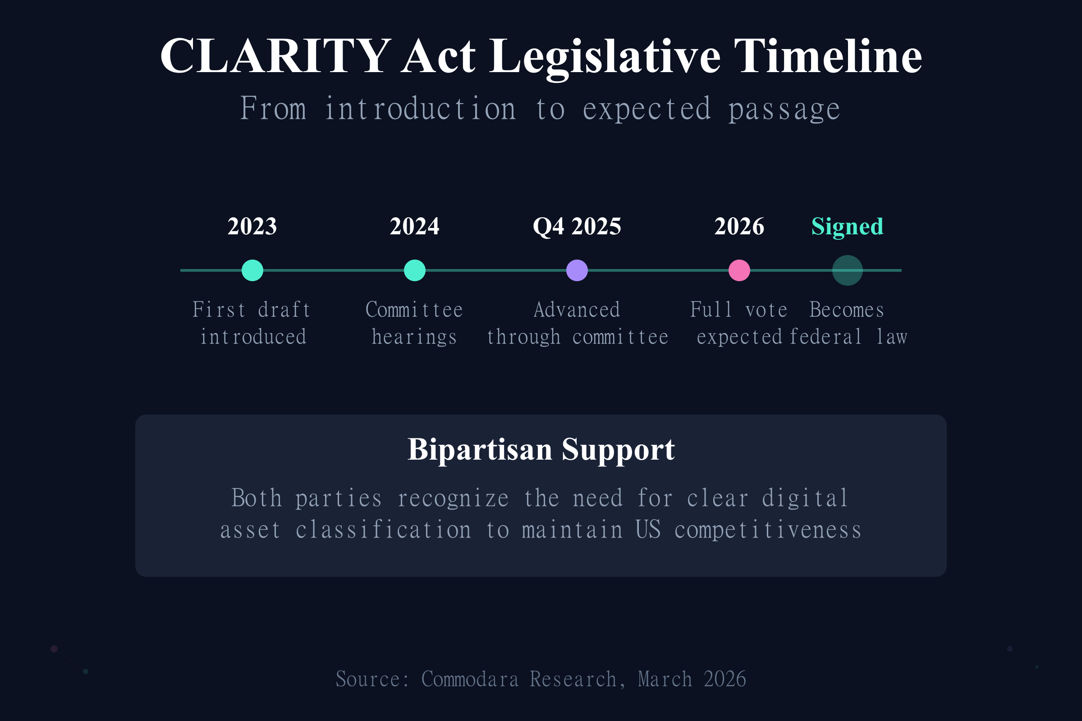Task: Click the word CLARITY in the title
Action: click(275, 56)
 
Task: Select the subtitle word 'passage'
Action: click(784, 110)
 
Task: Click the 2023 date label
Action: click(252, 226)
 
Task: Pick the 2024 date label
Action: click(414, 226)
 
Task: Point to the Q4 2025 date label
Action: click(577, 226)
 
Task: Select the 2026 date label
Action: click(739, 226)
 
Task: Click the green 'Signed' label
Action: click(848, 226)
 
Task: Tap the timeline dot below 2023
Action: click(252, 270)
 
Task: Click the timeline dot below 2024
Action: click(414, 270)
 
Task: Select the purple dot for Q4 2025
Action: click(577, 270)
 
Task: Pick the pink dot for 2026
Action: click(739, 270)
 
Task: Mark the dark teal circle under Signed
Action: click(848, 270)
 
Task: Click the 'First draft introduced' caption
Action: click(252, 323)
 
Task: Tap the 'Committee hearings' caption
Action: click(414, 323)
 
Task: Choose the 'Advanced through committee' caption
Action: click(577, 323)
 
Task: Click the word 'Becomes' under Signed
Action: click(847, 310)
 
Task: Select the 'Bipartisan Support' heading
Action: click(541, 449)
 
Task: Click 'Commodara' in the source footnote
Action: click(470, 679)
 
